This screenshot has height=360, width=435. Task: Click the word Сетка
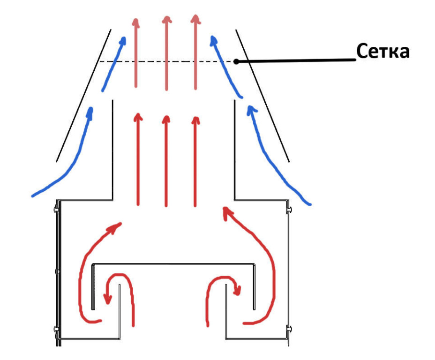(x=382, y=51)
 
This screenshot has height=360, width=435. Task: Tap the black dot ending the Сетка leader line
(x=236, y=61)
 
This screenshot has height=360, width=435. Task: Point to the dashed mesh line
(x=166, y=61)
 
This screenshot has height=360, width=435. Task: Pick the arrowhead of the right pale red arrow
(x=195, y=19)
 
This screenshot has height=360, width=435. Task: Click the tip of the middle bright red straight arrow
(x=166, y=116)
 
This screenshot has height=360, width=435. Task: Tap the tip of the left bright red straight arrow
(x=138, y=114)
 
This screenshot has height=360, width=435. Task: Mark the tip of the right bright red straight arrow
(x=196, y=117)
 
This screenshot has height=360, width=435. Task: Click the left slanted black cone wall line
(x=83, y=96)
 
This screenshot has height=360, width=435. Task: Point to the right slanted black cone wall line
(x=262, y=96)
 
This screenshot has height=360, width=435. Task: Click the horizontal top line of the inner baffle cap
(x=173, y=264)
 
